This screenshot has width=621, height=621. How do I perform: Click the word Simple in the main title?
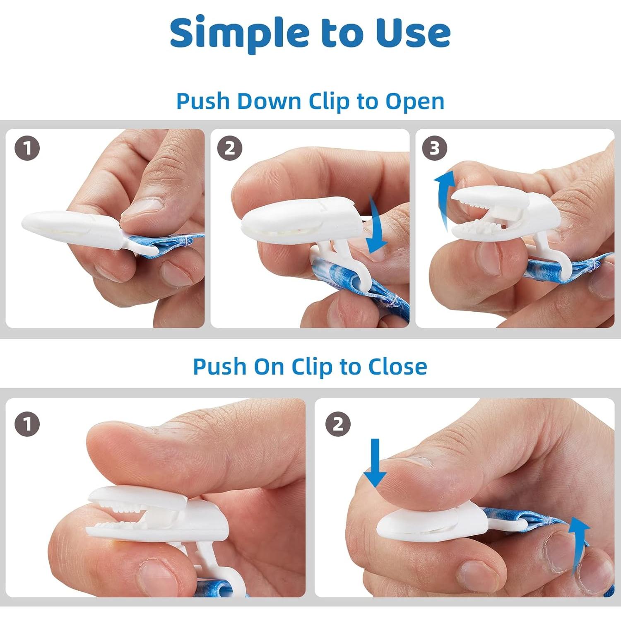240,33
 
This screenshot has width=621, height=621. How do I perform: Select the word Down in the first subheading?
269,101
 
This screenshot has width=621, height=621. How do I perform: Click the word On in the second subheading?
269,367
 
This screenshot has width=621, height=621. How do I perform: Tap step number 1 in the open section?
27,148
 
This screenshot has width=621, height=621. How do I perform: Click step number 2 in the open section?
230,148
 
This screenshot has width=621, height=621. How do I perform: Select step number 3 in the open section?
435,148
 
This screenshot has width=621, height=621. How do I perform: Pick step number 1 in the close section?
27,424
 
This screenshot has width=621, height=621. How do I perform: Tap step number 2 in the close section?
338,424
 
